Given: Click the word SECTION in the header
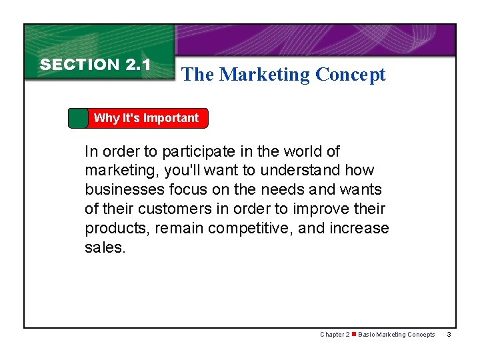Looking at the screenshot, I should pos(79,65).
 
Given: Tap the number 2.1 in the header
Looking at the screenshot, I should pos(138,65).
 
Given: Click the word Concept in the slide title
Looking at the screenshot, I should pos(351,75).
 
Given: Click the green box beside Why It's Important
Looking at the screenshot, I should pos(78,118).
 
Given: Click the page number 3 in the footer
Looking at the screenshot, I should pos(449,335).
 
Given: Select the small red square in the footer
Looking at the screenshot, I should pos(354,335).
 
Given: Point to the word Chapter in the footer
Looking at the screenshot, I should pos(332,335).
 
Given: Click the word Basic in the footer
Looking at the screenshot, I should pos(367,335).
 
